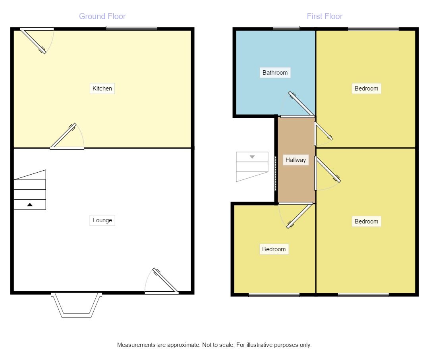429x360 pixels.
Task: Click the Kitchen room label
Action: pos(102,89)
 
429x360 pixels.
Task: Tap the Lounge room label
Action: pos(102,220)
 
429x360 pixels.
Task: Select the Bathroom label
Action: pos(275,73)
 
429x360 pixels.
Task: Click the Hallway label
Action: pos(296,160)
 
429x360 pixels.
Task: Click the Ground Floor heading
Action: pos(102,16)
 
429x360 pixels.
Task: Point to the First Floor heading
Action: pos(325,16)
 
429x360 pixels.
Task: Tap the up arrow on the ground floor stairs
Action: pos(30,205)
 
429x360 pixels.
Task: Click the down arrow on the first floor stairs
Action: pos(252,157)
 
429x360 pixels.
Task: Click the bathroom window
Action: pos(286,28)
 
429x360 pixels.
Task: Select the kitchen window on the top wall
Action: pos(131,28)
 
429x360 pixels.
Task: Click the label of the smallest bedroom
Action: pos(274,249)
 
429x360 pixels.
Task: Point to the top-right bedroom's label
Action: pos(366,89)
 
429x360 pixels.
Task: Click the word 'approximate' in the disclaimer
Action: pos(180,345)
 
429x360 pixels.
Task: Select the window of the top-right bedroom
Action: pos(373,29)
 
